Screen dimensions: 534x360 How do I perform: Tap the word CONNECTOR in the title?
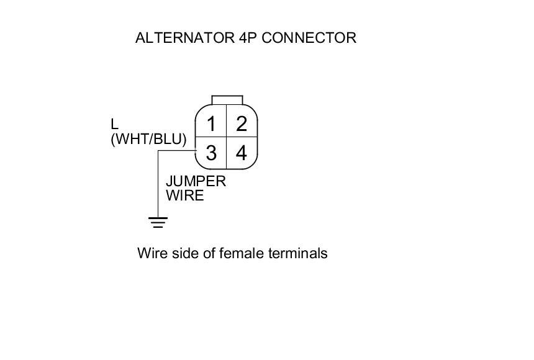309,38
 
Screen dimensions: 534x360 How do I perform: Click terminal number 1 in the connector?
211,124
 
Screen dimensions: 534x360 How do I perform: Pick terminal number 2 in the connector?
242,124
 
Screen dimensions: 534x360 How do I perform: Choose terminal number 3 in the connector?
211,153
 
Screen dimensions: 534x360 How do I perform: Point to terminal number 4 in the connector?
242,153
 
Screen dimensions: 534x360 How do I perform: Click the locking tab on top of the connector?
227,100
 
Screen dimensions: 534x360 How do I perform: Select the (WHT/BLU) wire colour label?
148,139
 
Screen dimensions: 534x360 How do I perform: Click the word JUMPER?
196,181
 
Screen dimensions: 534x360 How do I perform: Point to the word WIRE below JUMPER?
184,196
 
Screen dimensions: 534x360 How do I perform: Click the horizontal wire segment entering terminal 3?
177,150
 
